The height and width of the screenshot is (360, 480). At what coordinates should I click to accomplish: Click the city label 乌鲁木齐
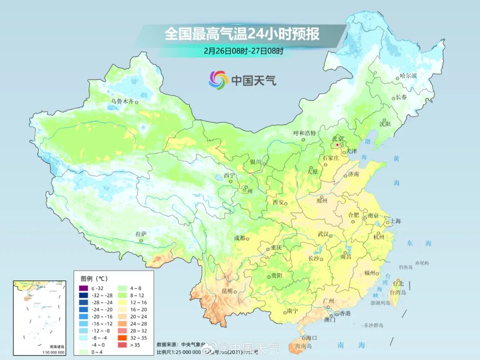[x=122, y=101]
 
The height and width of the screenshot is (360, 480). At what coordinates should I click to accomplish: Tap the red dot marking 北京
[x=337, y=145]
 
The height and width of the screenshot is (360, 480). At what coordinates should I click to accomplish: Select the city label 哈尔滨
[x=408, y=76]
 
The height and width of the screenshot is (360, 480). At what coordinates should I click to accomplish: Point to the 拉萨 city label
[x=141, y=234]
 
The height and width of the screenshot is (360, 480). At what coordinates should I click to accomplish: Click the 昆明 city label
[x=227, y=291]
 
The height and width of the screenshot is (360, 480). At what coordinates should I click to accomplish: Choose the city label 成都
[x=240, y=238]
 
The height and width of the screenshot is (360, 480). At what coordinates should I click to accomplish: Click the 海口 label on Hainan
[x=312, y=338]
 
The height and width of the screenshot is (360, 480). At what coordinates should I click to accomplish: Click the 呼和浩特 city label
[x=305, y=133]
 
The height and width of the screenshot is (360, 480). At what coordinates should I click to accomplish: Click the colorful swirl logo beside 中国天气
[x=218, y=80]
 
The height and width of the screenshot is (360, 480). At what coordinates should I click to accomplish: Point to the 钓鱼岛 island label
[x=406, y=267]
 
